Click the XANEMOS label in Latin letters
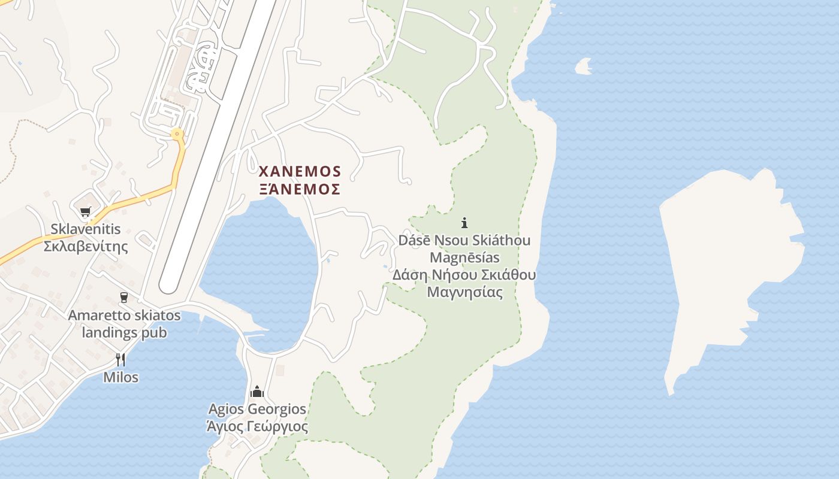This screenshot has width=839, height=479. tap(300, 172)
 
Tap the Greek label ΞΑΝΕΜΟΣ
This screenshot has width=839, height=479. tap(300, 190)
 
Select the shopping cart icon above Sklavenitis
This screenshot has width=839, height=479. tap(86, 211)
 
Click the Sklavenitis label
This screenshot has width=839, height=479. tap(86, 229)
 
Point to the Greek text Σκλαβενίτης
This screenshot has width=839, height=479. tap(86, 246)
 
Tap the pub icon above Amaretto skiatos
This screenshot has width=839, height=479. tap(124, 298)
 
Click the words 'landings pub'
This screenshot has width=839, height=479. tap(124, 332)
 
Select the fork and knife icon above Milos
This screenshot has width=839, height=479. tap(120, 359)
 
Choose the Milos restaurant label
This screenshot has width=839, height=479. tap(120, 377)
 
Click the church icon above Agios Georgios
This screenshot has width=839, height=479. tap(257, 392)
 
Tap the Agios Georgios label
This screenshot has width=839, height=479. tap(257, 410)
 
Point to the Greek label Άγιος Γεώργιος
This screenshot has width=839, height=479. tap(257, 427)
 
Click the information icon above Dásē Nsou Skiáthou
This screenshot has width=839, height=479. tap(464, 223)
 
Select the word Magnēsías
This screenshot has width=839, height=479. tap(464, 258)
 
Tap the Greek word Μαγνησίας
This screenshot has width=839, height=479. tap(464, 293)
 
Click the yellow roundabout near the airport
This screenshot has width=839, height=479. tap(176, 134)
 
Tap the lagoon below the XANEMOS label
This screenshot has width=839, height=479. tap(264, 269)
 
